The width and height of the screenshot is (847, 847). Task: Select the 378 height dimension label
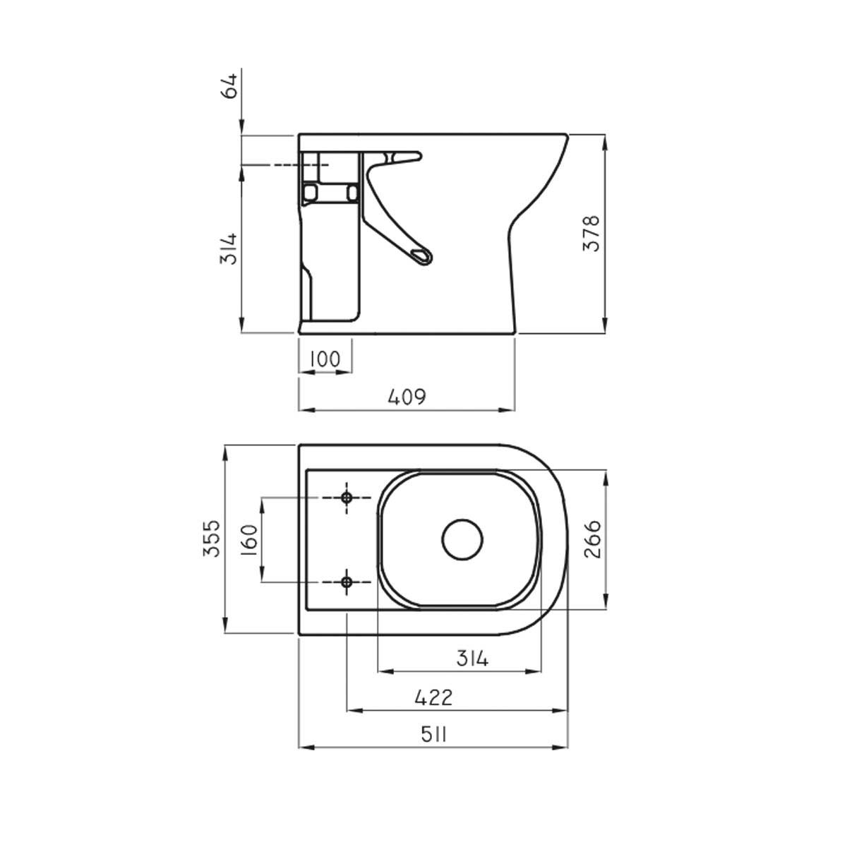coord(591,234)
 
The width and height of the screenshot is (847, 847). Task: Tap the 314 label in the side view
coord(229,248)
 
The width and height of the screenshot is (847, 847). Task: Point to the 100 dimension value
coord(325,359)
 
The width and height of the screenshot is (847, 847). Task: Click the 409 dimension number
coord(407,397)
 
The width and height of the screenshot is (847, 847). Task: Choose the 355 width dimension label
coord(212,539)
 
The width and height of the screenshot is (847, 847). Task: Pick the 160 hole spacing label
coord(249,540)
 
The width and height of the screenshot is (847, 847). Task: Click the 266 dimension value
coord(592,539)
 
